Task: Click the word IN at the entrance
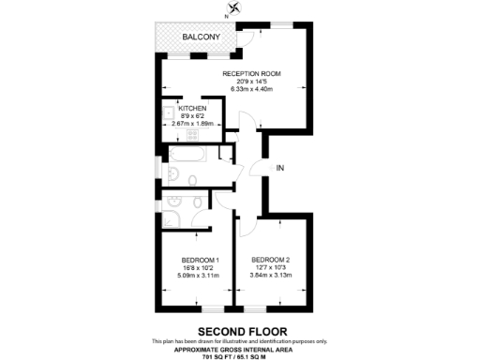(279, 169)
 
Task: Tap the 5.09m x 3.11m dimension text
(200, 276)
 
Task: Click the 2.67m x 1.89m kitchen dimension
(192, 123)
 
